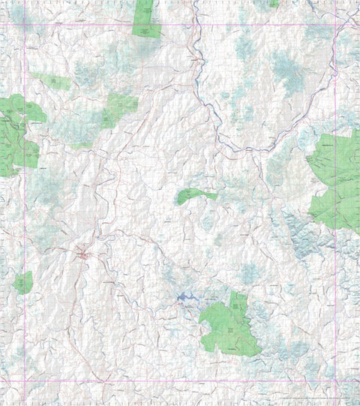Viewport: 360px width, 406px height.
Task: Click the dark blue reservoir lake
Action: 187,299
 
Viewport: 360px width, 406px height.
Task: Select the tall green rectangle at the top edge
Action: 146,18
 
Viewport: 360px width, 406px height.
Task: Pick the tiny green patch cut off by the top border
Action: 274,4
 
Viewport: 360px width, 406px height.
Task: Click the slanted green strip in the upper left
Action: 53,81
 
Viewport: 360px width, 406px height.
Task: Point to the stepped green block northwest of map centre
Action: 120,105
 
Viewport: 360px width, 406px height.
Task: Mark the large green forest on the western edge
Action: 16,135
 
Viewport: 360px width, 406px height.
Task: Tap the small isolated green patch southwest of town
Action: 23,282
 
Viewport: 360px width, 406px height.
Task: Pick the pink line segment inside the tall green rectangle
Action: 146,26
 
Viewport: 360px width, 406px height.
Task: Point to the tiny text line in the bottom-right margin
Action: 315,398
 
